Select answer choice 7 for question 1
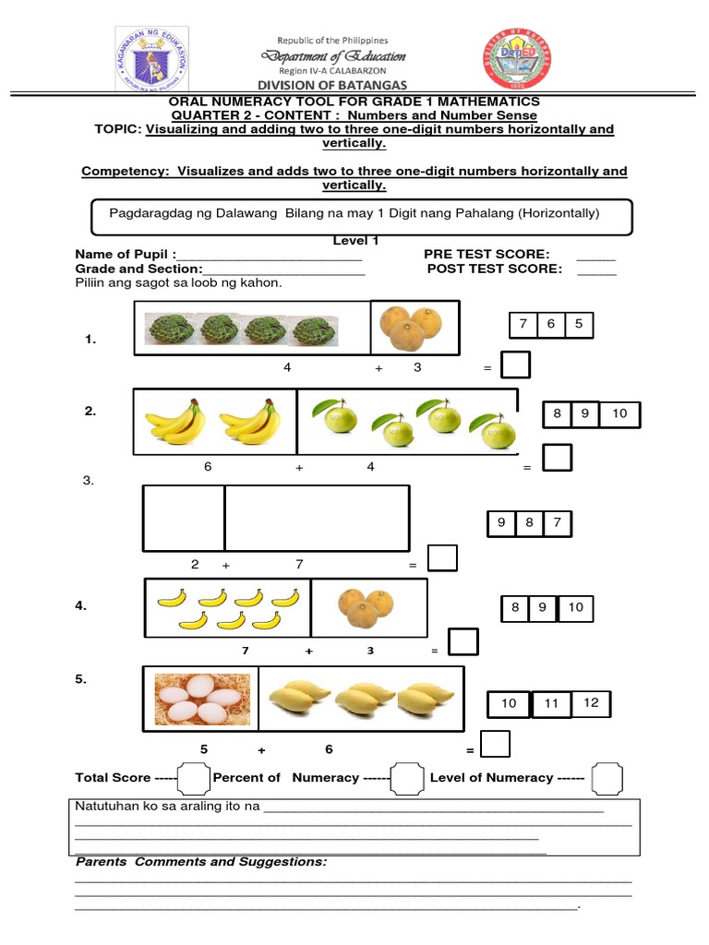tap(523, 325)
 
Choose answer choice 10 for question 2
tap(619, 414)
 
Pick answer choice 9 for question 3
tap(501, 523)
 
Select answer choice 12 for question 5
tap(591, 703)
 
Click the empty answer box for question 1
tap(515, 365)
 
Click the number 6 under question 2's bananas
tap(208, 467)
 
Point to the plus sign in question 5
tap(262, 750)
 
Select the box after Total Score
tap(193, 779)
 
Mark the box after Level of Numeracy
tap(606, 779)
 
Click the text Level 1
tap(355, 241)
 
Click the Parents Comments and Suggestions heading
tap(201, 861)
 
